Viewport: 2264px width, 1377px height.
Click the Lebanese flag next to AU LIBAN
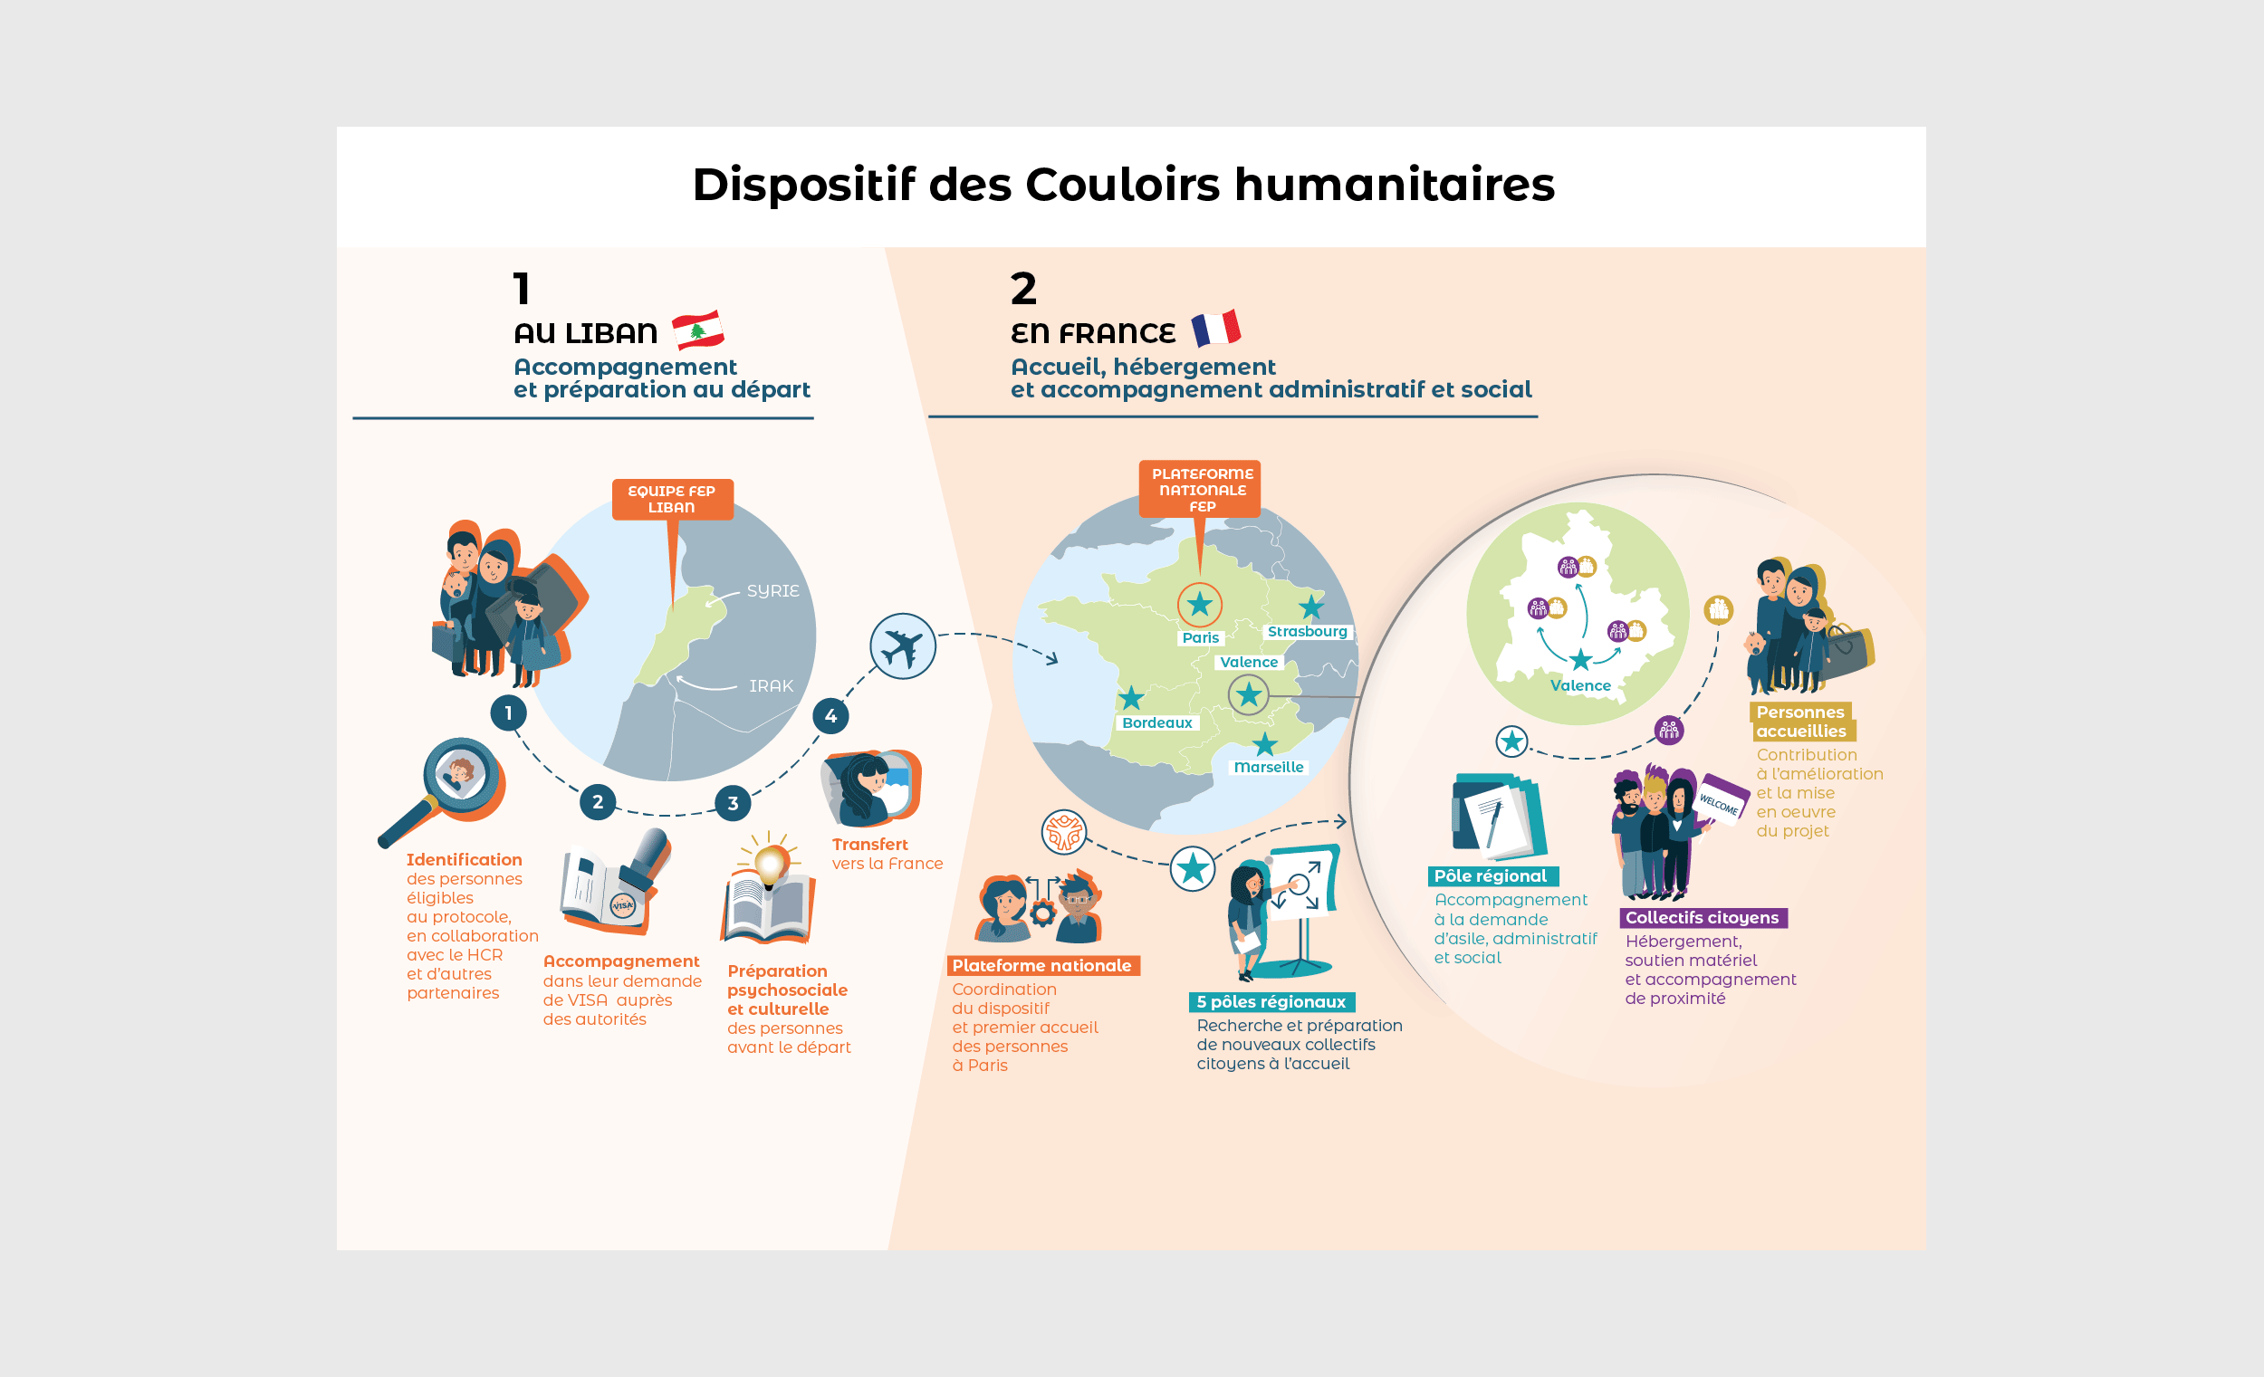(697, 330)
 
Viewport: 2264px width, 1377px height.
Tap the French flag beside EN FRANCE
(1215, 328)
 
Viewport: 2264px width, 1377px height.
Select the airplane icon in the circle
(902, 646)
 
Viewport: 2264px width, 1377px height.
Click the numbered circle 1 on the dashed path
(508, 712)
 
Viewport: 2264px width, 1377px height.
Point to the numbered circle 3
(733, 803)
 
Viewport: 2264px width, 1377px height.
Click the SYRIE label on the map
(772, 590)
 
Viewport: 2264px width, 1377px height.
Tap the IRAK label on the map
(771, 686)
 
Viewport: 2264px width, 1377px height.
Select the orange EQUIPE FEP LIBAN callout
(672, 500)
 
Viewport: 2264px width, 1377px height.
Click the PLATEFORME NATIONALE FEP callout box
(1202, 490)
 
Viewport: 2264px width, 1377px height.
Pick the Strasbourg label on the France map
(1307, 632)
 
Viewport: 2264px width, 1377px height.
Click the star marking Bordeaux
(1131, 698)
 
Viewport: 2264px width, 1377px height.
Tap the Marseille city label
(1268, 767)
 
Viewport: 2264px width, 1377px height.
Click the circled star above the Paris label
(1199, 605)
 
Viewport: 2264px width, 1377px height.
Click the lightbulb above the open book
(770, 862)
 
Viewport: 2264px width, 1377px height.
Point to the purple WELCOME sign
(1720, 799)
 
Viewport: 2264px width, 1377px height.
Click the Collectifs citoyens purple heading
(1702, 918)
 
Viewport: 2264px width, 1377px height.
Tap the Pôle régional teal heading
(1491, 876)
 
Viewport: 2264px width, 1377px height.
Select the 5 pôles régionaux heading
(1271, 1002)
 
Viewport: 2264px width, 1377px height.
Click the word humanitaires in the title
(1394, 185)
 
